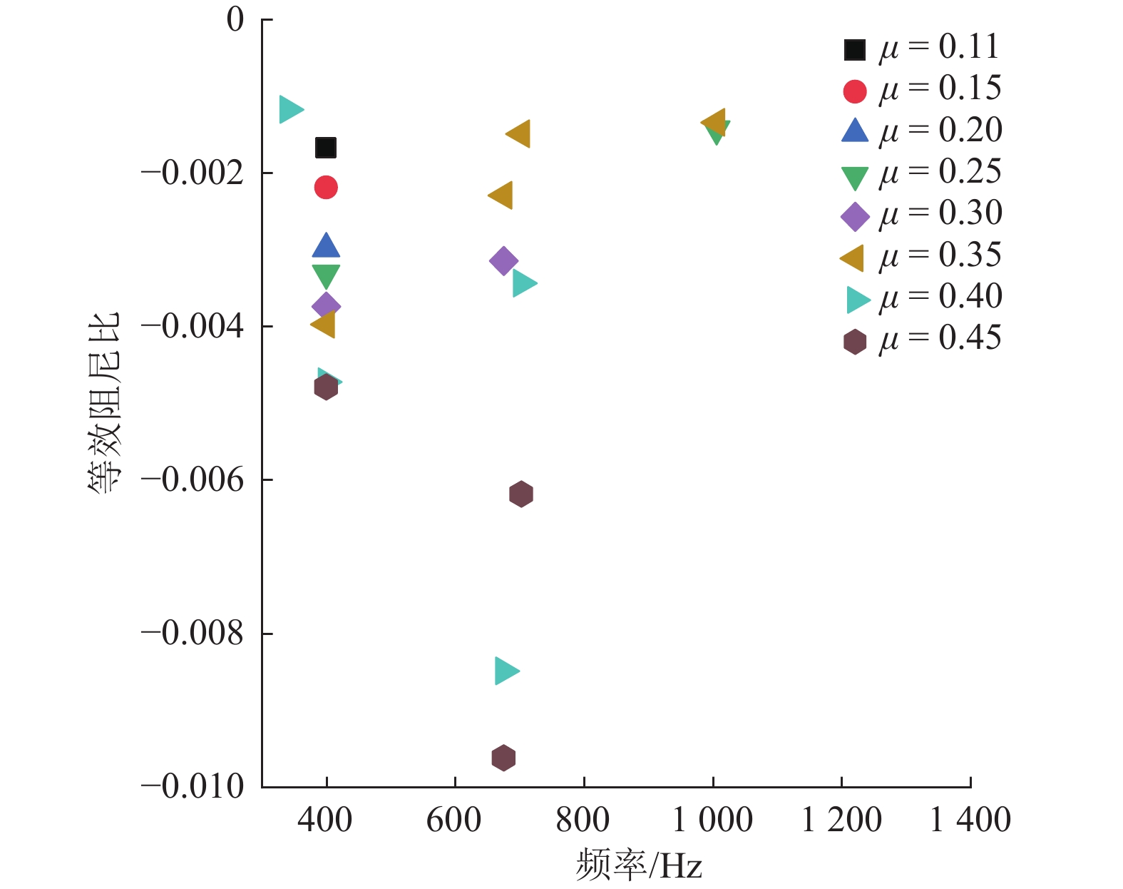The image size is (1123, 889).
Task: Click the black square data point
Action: [x=326, y=148]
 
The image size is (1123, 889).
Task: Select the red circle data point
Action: [x=326, y=188]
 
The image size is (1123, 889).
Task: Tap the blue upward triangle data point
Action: [x=326, y=246]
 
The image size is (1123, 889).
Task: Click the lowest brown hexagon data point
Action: [x=503, y=758]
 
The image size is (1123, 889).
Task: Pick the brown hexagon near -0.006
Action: [x=521, y=494]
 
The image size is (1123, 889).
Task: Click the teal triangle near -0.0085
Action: [x=506, y=671]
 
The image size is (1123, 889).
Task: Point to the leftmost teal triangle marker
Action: [x=290, y=109]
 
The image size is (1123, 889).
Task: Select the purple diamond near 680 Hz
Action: [x=503, y=260]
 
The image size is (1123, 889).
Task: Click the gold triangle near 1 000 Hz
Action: [x=714, y=122]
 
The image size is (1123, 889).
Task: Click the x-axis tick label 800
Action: [x=583, y=820]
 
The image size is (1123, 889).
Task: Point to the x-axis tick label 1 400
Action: [x=970, y=820]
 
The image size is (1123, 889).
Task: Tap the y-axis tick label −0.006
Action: [x=193, y=479]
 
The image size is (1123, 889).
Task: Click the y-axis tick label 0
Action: [x=235, y=20]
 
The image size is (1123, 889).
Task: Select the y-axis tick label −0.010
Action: [x=193, y=787]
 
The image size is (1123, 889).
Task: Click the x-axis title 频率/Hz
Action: [x=639, y=865]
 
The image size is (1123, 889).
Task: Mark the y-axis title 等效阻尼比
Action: [x=105, y=403]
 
